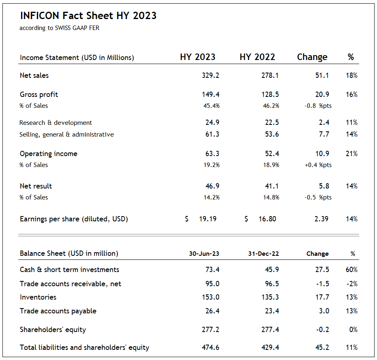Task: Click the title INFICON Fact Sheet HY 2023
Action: tap(88, 16)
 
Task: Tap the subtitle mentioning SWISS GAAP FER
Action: tap(59, 28)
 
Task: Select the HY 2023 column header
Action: tap(197, 57)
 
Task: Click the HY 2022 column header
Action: tap(257, 57)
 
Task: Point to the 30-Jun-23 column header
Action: tap(204, 254)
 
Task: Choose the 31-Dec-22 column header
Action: tap(263, 254)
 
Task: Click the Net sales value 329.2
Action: tap(210, 75)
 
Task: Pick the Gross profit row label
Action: tap(39, 94)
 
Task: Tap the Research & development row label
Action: tap(56, 122)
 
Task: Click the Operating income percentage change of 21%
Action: tap(352, 154)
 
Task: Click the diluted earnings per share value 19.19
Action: tap(208, 219)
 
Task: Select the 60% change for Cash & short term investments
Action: tap(352, 270)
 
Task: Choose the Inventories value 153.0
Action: tap(210, 297)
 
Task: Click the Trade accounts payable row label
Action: tap(58, 311)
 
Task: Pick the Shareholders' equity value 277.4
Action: tap(270, 330)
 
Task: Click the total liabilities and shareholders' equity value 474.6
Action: tap(210, 347)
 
